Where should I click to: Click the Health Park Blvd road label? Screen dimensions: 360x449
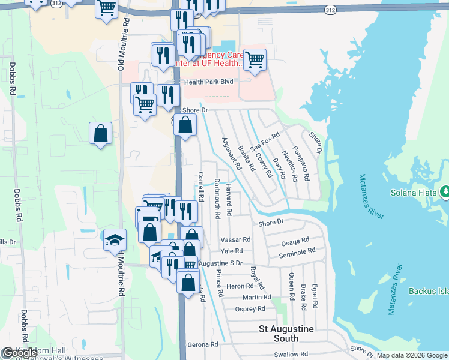[208, 82]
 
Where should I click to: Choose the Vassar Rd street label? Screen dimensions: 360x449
[235, 239]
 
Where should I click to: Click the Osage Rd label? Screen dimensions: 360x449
[294, 243]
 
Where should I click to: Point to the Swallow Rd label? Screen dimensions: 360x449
[291, 355]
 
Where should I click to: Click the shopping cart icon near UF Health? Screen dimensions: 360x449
[255, 59]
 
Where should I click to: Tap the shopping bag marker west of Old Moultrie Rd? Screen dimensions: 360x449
[101, 133]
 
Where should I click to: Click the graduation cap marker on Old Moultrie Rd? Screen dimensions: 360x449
[115, 240]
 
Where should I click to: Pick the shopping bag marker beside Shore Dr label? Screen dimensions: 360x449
[185, 125]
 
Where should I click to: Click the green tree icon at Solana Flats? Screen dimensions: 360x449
[445, 191]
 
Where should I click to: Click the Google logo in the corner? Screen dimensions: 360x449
[20, 353]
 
